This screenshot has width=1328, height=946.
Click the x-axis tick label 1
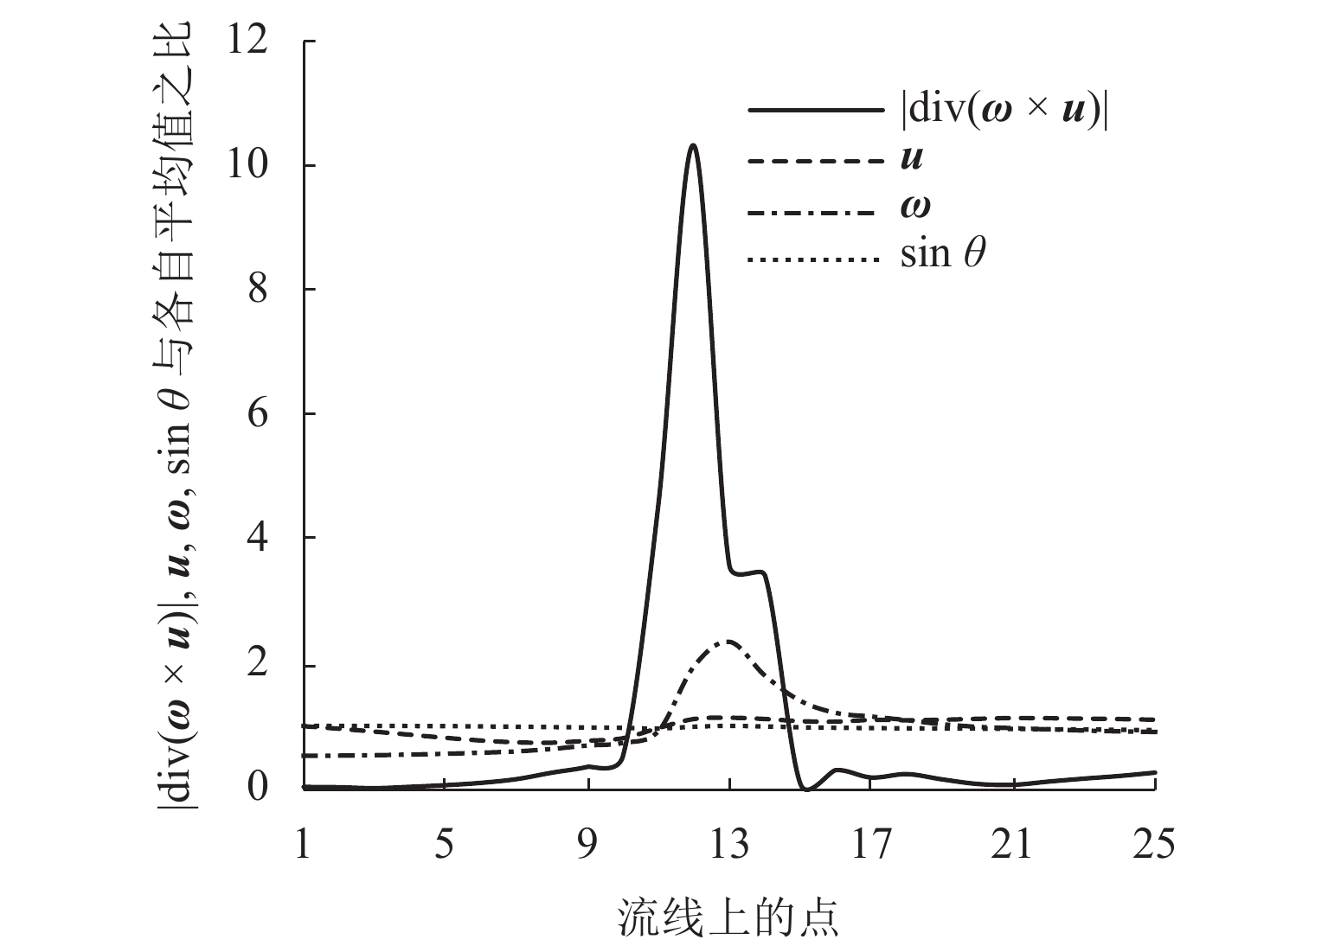(303, 844)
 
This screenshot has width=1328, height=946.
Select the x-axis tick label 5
(444, 844)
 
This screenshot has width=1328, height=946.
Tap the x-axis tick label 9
(587, 844)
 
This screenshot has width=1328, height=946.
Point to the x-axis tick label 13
(729, 844)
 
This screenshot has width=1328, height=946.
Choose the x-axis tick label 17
(871, 844)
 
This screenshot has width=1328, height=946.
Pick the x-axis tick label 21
(1013, 844)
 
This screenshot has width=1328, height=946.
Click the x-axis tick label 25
(1155, 844)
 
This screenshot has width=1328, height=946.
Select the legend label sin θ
(943, 256)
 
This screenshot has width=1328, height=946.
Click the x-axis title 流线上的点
(728, 917)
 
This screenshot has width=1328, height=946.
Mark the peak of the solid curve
(693, 145)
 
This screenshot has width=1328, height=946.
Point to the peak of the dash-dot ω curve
(729, 641)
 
